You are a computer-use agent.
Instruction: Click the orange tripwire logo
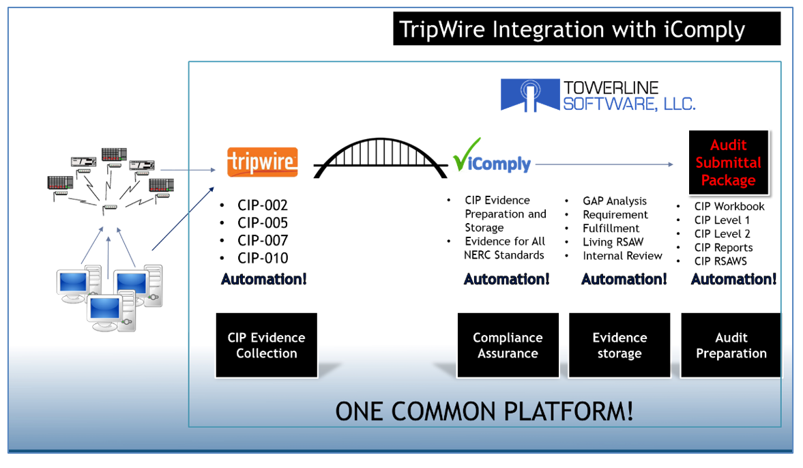click(x=263, y=162)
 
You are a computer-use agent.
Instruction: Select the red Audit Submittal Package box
click(x=728, y=163)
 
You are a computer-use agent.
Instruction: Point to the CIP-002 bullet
click(x=263, y=205)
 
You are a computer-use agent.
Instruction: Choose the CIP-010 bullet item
click(x=263, y=258)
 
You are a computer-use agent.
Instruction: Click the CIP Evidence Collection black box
click(x=267, y=345)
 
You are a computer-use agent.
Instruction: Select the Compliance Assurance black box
click(x=508, y=345)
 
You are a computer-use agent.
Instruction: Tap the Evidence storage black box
click(x=619, y=345)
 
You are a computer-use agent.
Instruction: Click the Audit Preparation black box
click(x=731, y=345)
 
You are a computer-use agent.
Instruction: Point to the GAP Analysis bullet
click(x=615, y=201)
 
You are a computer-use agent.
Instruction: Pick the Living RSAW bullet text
click(x=613, y=242)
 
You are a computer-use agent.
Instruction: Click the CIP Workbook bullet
click(x=729, y=206)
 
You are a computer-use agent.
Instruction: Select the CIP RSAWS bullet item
click(x=720, y=261)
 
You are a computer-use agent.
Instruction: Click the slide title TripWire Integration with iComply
click(x=586, y=29)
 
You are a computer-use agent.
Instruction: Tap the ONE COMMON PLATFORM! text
click(x=484, y=411)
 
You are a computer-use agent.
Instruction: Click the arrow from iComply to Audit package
click(x=604, y=164)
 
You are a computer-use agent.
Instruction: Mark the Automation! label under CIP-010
click(x=263, y=278)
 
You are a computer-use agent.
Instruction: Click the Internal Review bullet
click(x=622, y=256)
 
